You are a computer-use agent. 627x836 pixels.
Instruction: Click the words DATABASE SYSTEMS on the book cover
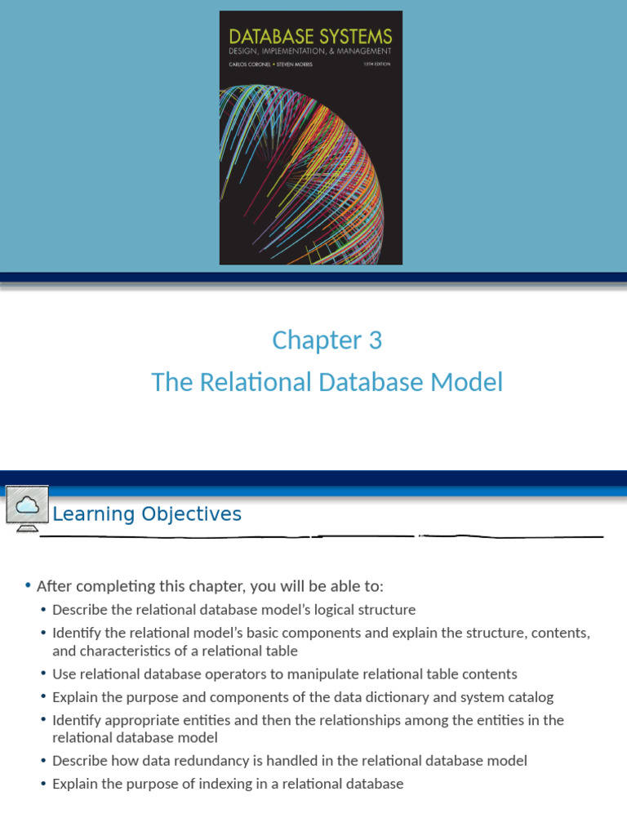310,36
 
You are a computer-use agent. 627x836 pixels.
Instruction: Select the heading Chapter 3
327,340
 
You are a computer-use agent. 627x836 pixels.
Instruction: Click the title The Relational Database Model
327,382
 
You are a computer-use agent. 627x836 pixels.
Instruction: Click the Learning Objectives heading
147,514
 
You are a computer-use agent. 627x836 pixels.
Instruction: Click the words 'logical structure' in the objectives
367,610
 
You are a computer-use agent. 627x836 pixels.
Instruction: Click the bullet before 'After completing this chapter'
28,586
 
